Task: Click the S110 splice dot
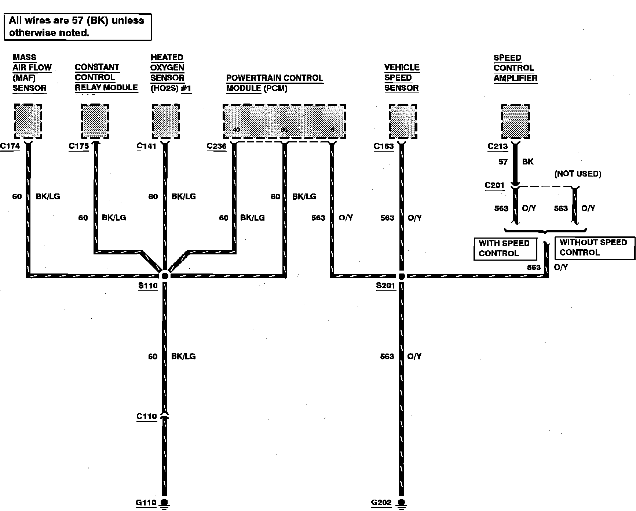tap(165, 276)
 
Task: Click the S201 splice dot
tap(402, 276)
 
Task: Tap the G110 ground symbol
tap(164, 503)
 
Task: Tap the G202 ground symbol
tap(402, 503)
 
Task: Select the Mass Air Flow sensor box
tap(28, 121)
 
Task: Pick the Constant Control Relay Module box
tap(95, 121)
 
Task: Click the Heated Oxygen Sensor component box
tap(166, 121)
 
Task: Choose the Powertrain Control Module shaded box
tap(284, 121)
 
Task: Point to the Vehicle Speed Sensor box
tap(403, 121)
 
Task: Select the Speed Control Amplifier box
tap(515, 121)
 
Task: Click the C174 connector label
tap(10, 146)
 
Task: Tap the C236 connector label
tap(216, 146)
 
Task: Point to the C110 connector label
tap(146, 416)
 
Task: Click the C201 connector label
tap(494, 185)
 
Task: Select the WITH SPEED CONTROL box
tap(505, 249)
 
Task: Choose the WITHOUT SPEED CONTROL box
tap(594, 248)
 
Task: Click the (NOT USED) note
tap(578, 174)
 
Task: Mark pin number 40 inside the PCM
tap(237, 130)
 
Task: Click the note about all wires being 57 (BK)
tap(77, 26)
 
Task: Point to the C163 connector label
tap(384, 146)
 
